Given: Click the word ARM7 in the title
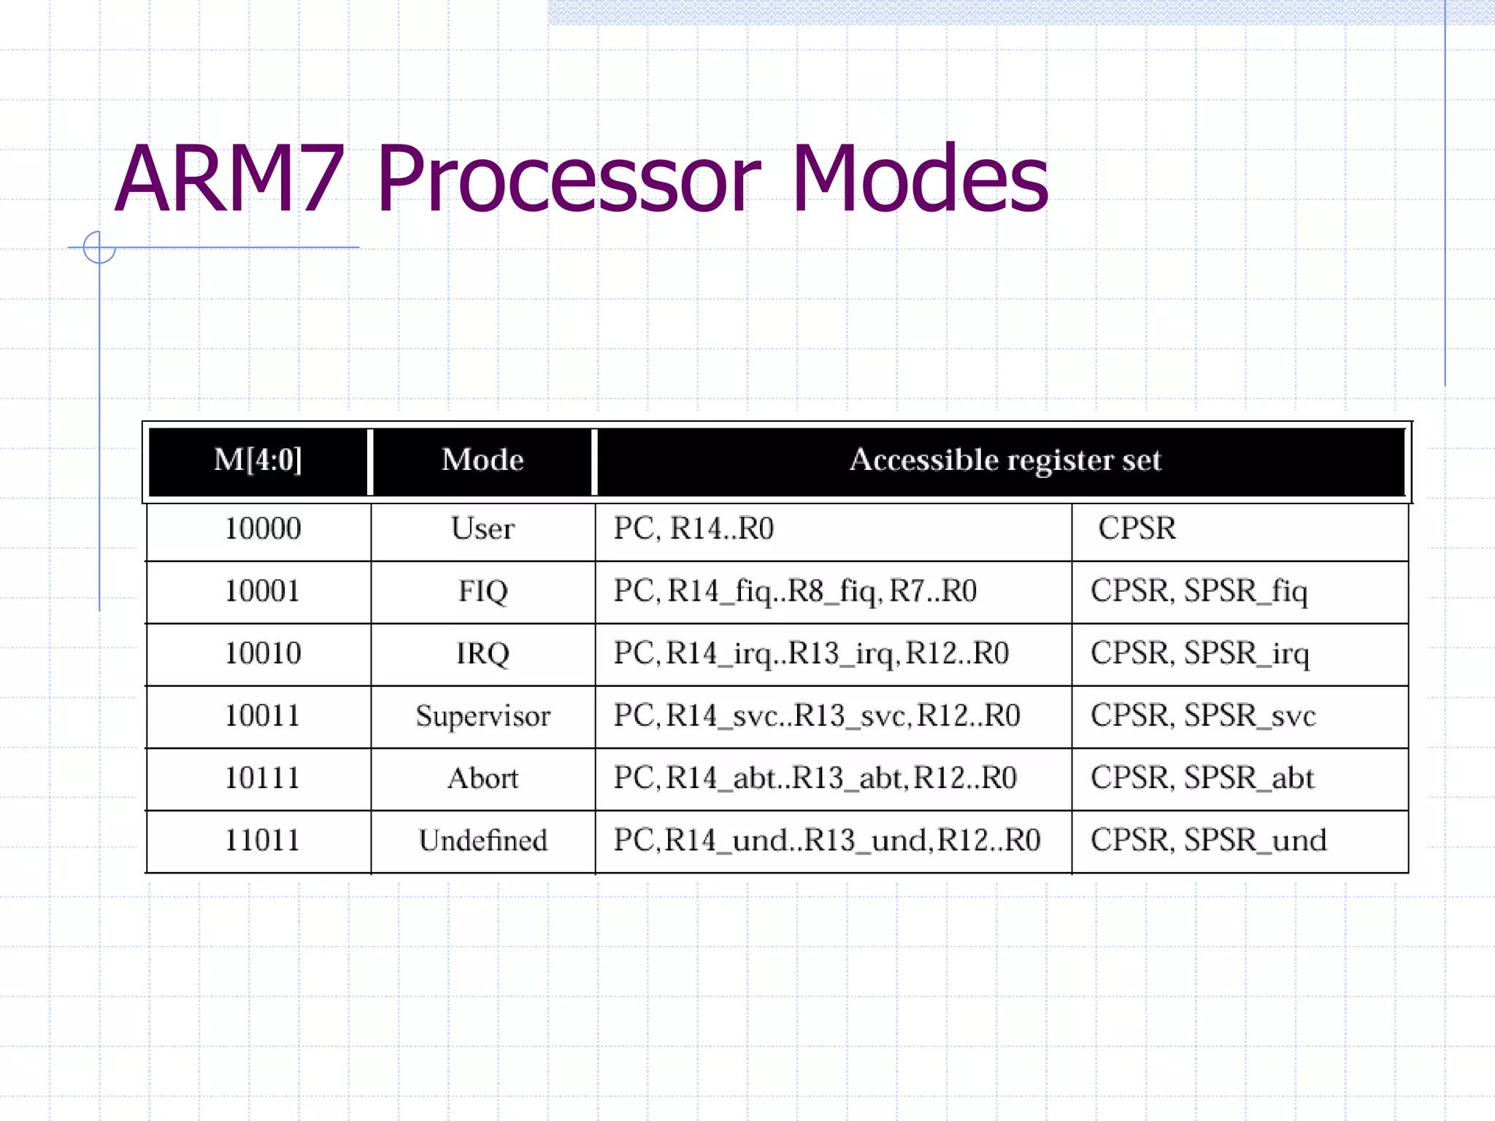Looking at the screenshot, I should [229, 180].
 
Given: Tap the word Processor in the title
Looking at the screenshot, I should [568, 180].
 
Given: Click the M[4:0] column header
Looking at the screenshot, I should [258, 461].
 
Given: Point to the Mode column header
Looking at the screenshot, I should [483, 461].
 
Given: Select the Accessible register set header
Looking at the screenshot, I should [1004, 461].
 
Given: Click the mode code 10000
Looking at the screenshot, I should [262, 529].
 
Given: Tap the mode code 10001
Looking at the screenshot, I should [262, 591].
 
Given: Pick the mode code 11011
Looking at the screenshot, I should [262, 841].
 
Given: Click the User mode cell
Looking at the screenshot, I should [483, 529].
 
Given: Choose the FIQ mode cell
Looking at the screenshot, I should [483, 591].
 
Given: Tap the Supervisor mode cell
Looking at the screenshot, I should [483, 716].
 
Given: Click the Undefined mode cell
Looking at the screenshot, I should [483, 841].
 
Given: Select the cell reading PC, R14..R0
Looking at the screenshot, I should [693, 529].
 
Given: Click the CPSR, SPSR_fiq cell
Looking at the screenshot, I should [1199, 591].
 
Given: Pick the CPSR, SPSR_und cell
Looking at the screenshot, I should [1208, 841].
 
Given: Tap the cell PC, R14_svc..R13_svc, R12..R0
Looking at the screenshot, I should [816, 716].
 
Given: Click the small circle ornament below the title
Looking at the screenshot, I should [99, 247].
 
